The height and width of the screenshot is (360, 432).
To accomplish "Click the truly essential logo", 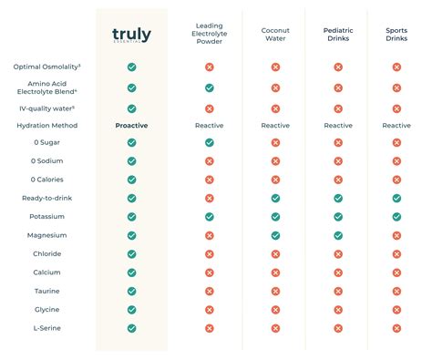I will tap(131, 36).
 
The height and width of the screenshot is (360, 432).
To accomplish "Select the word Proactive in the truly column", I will tap(132, 125).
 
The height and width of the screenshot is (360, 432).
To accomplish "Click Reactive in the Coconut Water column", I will tap(275, 125).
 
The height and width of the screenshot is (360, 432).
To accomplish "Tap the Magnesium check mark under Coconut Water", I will tap(275, 235).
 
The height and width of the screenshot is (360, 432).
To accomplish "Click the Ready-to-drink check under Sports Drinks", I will tap(396, 198).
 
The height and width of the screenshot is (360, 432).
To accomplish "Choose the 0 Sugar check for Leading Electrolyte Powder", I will tap(210, 142).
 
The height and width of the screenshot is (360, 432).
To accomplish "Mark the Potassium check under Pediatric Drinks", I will tap(338, 216).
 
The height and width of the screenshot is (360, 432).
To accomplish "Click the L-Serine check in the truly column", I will tap(132, 328).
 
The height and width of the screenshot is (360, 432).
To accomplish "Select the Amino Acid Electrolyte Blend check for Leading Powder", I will tap(210, 87).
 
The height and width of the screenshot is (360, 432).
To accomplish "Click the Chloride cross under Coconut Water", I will tap(275, 254).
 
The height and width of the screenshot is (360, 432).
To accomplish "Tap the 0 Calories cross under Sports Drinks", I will tap(396, 180).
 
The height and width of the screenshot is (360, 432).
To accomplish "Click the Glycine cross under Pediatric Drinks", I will tap(338, 310).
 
